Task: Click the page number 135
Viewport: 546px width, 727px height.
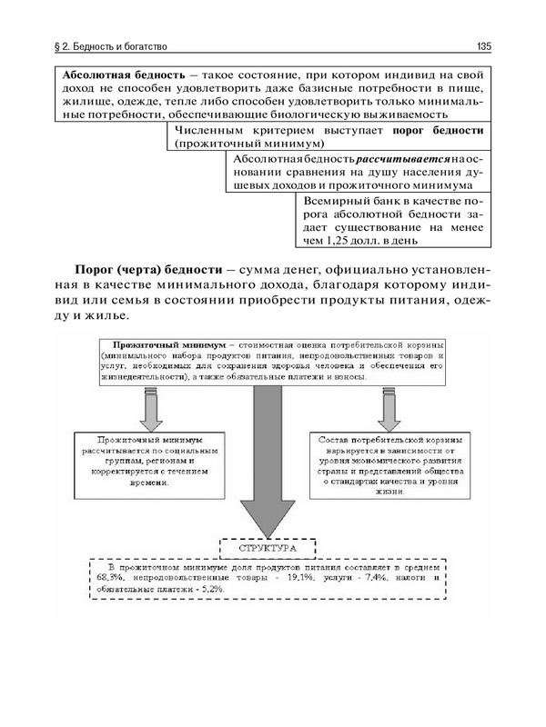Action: tap(483, 45)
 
